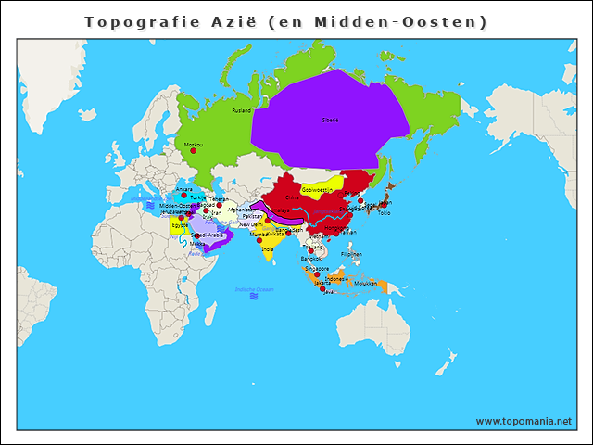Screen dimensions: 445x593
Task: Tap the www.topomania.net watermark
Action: (524, 421)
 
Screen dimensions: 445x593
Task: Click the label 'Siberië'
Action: (330, 120)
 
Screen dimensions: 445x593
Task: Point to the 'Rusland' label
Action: (241, 110)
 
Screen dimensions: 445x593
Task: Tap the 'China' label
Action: (293, 197)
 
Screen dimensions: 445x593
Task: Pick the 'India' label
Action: (267, 248)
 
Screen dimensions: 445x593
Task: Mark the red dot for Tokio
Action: (383, 206)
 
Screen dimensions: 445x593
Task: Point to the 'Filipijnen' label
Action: (351, 253)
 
